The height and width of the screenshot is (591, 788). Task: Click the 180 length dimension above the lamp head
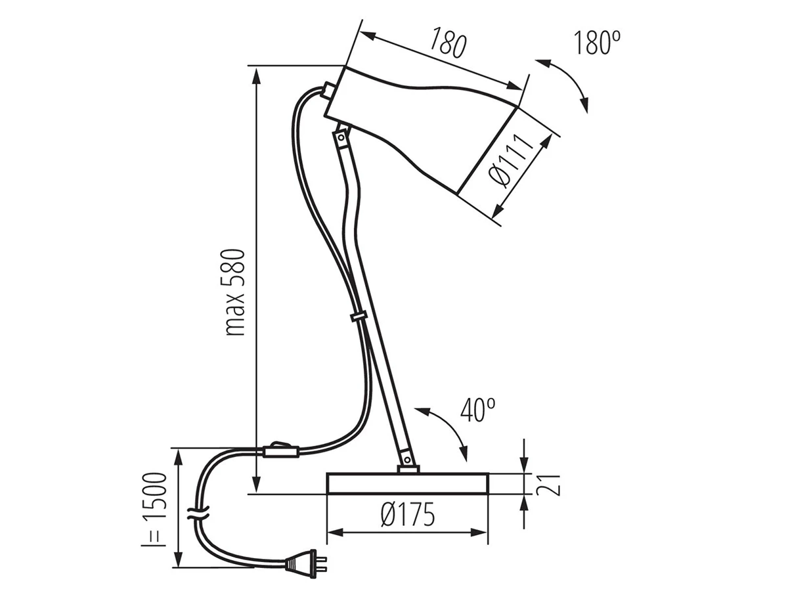(x=448, y=43)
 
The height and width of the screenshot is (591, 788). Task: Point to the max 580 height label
(x=235, y=292)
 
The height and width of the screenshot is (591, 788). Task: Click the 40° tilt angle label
(x=478, y=409)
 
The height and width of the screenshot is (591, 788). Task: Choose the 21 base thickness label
(x=548, y=485)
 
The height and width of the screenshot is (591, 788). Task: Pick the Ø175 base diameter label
(x=408, y=514)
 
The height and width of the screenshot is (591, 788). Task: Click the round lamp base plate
(x=408, y=484)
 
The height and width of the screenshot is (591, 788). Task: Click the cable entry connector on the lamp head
(x=328, y=89)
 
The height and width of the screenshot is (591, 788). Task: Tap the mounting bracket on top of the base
(x=408, y=470)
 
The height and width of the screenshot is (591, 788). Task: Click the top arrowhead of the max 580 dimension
(x=257, y=76)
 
